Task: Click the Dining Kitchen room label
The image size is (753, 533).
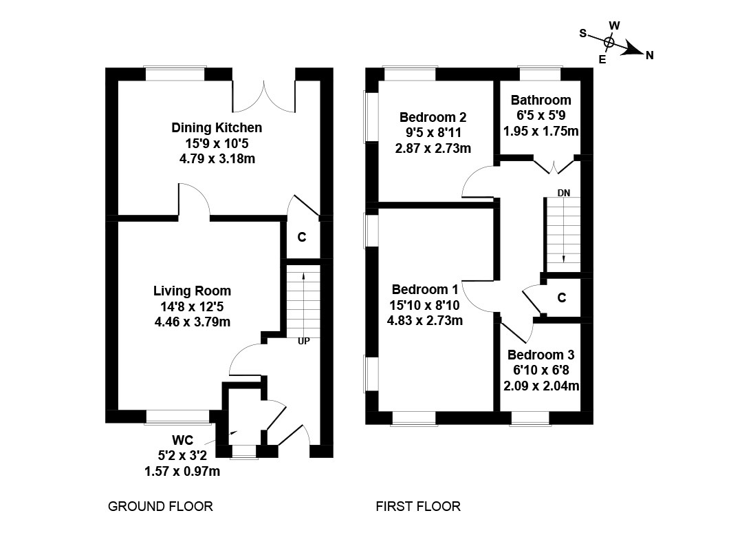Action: click(217, 128)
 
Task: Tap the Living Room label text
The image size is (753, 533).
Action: click(192, 291)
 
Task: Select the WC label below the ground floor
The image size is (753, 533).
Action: click(182, 441)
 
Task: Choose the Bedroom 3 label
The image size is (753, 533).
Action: click(541, 355)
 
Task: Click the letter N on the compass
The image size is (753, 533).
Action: click(649, 56)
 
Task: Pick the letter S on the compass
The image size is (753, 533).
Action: click(582, 33)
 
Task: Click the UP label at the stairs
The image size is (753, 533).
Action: click(303, 340)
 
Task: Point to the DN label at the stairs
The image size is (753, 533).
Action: click(563, 192)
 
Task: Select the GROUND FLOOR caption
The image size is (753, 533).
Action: click(161, 507)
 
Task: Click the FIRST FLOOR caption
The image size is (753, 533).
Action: click(418, 507)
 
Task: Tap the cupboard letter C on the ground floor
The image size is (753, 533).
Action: click(301, 238)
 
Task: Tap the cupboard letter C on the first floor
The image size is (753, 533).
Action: click(562, 298)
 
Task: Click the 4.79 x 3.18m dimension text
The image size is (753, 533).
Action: click(217, 158)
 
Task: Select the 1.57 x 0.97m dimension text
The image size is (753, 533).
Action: click(182, 471)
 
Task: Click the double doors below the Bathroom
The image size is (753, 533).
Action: click(554, 165)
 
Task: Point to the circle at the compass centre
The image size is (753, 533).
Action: click(609, 42)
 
